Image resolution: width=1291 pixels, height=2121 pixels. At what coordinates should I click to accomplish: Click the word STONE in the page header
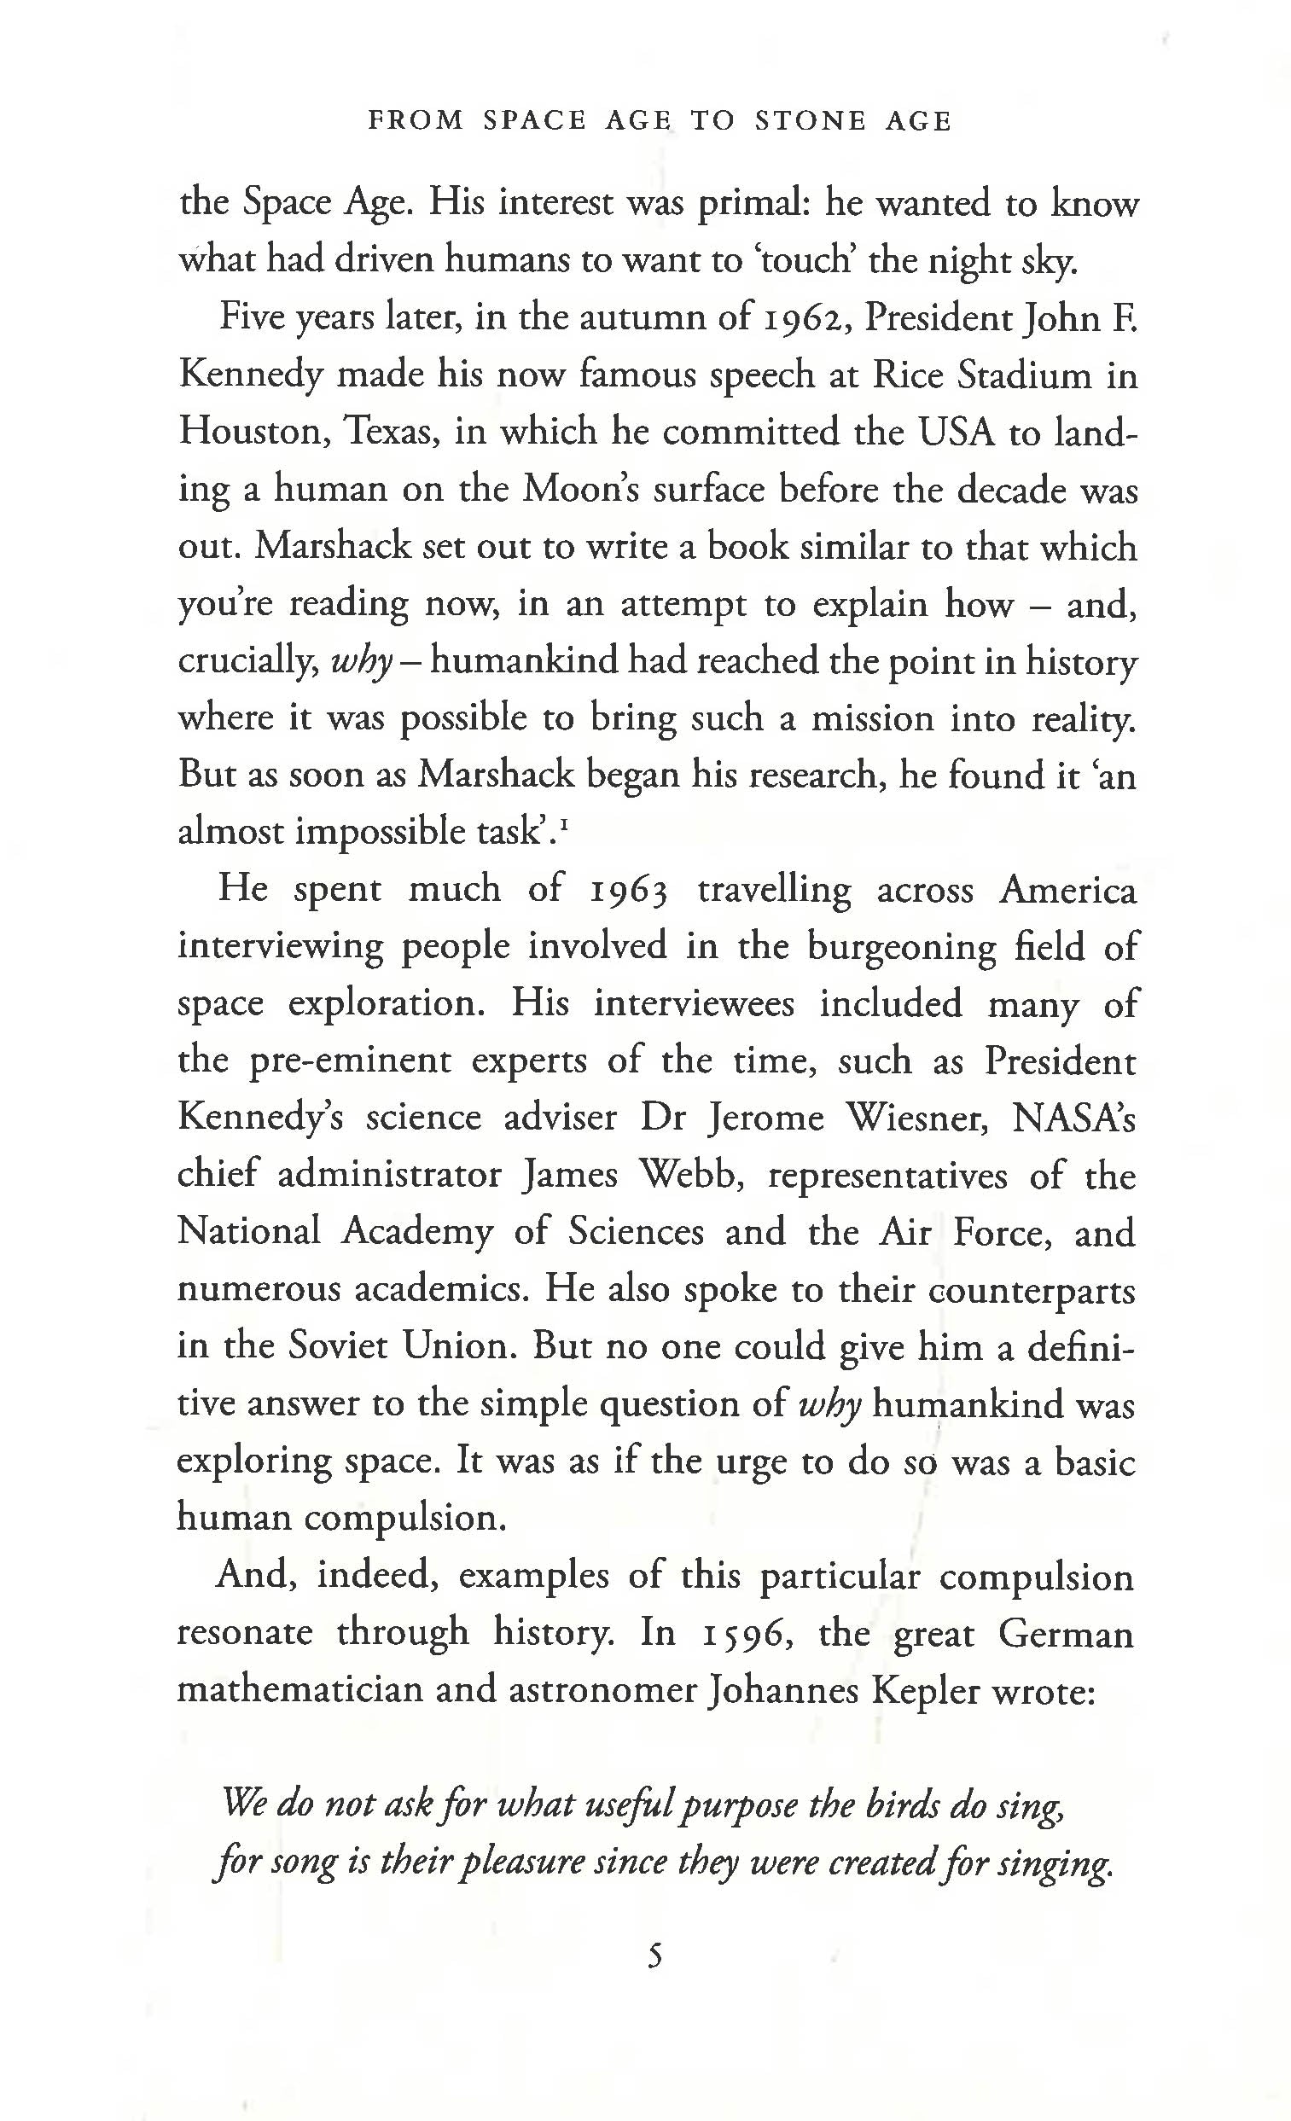pyautogui.click(x=810, y=120)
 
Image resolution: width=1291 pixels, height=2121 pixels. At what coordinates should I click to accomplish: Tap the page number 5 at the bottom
pyautogui.click(x=655, y=1957)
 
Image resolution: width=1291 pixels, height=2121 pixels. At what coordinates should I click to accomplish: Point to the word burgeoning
pyautogui.click(x=900, y=948)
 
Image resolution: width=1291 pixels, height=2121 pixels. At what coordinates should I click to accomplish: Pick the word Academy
pyautogui.click(x=417, y=1233)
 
